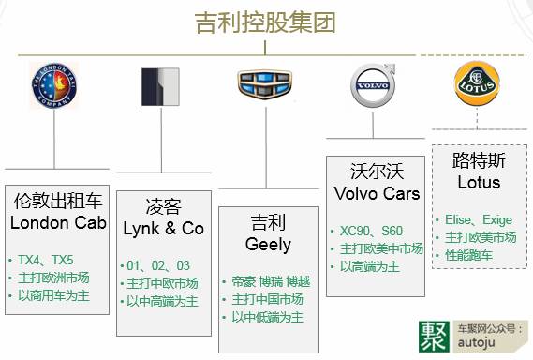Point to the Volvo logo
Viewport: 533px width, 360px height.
pos(371,87)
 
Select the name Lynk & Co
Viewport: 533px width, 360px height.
pos(163,229)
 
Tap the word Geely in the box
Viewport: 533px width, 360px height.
pos(270,245)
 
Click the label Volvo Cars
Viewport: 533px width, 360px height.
pos(377,194)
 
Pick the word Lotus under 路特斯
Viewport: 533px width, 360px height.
pos(478,182)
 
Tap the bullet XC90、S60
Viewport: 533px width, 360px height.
pos(371,231)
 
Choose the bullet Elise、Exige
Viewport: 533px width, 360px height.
pos(478,219)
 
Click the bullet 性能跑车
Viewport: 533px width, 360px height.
pos(469,254)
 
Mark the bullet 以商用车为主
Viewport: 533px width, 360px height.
pos(55,295)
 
